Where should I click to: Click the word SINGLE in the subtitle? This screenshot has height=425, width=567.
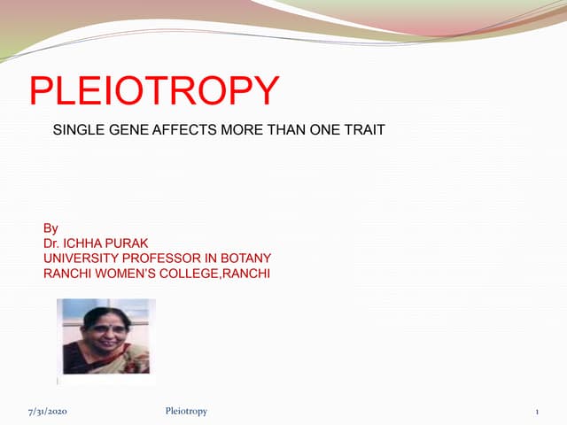point(78,130)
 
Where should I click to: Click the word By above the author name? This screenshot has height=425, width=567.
point(50,228)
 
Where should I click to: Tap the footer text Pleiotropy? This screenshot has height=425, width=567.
point(186,412)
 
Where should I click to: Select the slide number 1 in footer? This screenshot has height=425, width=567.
point(537,412)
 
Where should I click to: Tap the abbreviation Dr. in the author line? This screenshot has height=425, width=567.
point(52,243)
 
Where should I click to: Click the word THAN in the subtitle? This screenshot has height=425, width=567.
point(280,130)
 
